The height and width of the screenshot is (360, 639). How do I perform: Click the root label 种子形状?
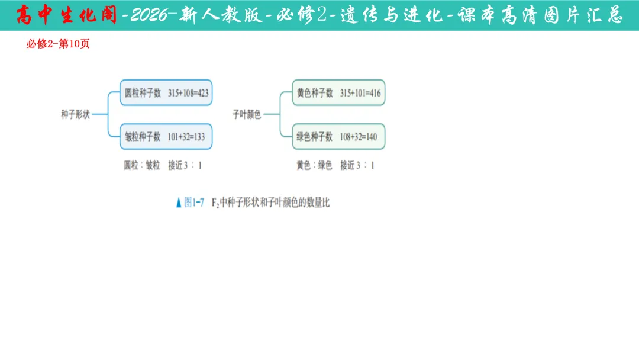(x=75, y=115)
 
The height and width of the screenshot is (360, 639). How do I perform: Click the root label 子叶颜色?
(x=247, y=115)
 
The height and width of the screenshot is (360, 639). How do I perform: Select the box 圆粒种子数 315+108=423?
(x=166, y=93)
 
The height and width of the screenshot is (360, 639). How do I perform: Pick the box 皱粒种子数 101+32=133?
(x=166, y=137)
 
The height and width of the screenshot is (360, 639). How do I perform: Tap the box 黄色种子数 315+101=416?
(x=338, y=93)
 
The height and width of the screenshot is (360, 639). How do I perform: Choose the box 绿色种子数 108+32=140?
(x=338, y=137)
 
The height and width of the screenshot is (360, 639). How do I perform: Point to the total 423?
(x=199, y=93)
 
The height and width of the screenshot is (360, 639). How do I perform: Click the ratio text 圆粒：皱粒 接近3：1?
(x=163, y=166)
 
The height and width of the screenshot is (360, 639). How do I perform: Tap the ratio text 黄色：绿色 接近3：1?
(x=335, y=166)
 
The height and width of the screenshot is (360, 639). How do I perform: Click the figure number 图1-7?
(x=194, y=202)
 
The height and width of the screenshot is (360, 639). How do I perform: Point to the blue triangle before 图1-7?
(x=179, y=203)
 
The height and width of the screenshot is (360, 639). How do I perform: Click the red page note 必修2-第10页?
(x=58, y=44)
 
